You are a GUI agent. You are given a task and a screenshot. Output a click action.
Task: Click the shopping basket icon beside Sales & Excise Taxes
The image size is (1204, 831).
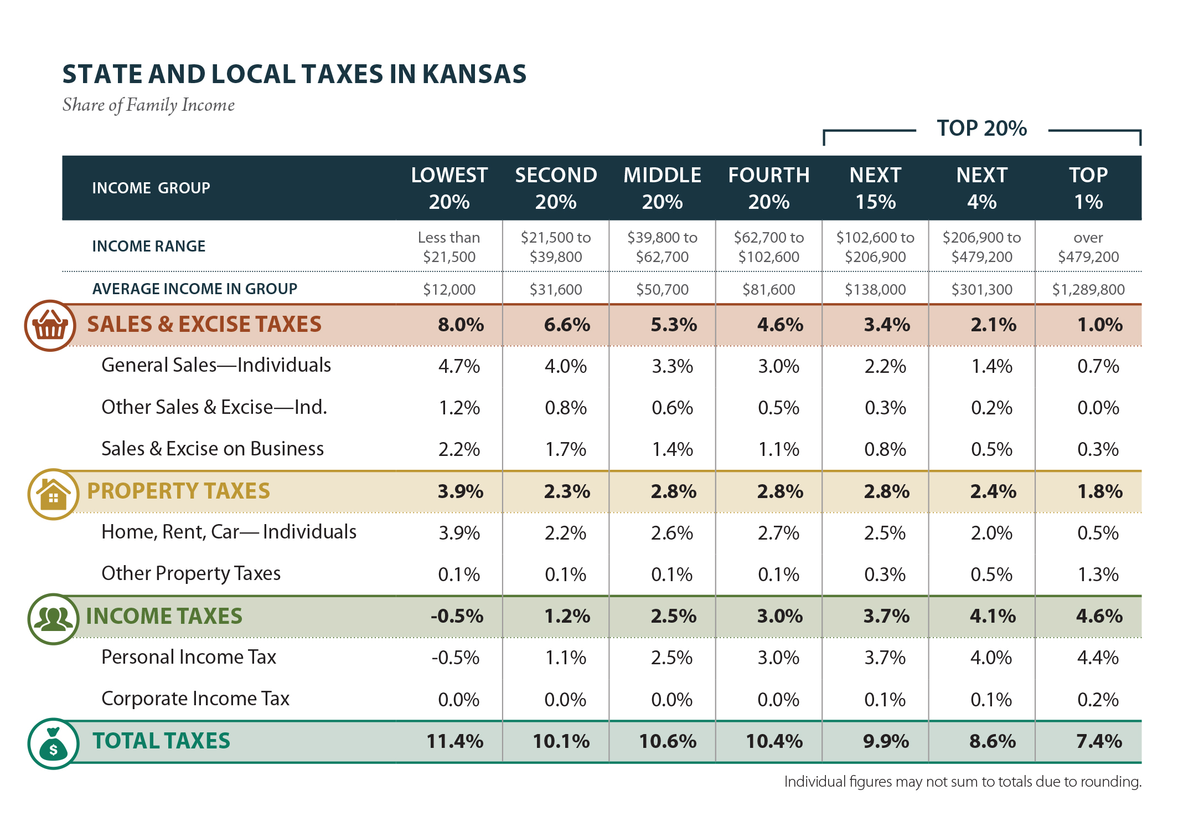tap(50, 326)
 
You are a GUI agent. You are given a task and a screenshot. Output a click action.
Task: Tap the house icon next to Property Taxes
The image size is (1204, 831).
tap(53, 494)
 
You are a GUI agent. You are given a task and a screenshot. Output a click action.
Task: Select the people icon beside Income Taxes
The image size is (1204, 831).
tap(53, 619)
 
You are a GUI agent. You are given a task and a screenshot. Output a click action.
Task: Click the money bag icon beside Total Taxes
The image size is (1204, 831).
tap(53, 744)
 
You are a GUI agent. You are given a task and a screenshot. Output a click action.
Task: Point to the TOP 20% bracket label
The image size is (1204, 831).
tap(981, 129)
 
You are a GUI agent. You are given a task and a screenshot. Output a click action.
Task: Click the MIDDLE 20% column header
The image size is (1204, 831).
tap(662, 188)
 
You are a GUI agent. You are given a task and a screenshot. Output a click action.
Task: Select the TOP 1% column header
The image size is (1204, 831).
tap(1088, 188)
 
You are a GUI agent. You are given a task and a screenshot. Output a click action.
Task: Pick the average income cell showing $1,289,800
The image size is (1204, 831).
tap(1088, 289)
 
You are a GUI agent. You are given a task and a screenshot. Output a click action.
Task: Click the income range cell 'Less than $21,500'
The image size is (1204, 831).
tap(449, 247)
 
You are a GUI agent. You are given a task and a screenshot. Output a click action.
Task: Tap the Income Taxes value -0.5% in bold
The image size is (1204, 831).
tap(457, 616)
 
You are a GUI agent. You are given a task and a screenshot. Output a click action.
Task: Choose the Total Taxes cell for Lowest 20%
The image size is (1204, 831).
tap(454, 741)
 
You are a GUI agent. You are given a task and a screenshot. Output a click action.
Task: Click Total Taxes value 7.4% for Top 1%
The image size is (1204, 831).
tap(1099, 741)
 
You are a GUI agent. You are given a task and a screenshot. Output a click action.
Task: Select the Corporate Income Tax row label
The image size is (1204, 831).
tap(195, 699)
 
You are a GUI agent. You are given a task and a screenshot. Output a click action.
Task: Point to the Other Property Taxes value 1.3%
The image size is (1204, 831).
tap(1098, 574)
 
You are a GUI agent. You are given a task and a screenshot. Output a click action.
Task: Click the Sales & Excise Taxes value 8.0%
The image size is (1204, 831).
tap(461, 325)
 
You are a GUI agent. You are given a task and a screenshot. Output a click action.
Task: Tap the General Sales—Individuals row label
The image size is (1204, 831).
tap(216, 365)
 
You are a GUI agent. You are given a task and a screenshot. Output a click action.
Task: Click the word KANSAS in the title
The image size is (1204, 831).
tap(474, 74)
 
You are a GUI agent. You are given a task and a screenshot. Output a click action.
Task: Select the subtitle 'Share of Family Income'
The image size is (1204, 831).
tap(148, 105)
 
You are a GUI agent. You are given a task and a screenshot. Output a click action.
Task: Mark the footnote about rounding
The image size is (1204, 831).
tap(962, 782)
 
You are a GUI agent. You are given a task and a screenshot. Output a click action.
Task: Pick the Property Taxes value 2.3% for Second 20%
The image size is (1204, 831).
tap(567, 491)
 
